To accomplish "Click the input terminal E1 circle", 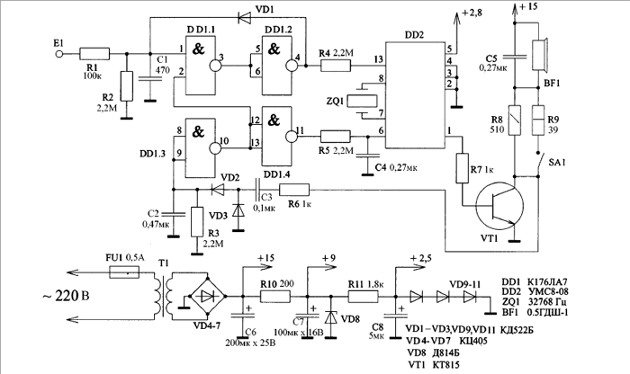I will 60,53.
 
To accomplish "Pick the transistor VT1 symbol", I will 500,203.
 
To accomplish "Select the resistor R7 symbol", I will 464,168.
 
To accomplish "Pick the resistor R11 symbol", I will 364,294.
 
